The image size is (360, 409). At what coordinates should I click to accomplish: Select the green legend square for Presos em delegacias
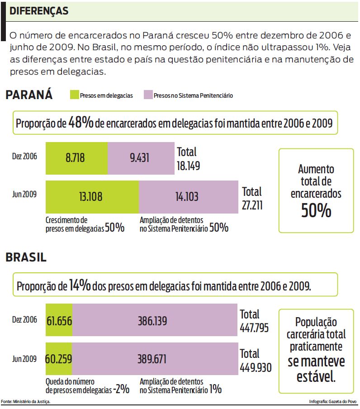pyautogui.click(x=74, y=95)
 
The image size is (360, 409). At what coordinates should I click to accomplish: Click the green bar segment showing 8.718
pyautogui.click(x=76, y=158)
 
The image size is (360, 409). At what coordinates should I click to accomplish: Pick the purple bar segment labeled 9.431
pyautogui.click(x=141, y=158)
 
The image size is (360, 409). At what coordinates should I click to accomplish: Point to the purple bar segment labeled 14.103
pyautogui.click(x=188, y=197)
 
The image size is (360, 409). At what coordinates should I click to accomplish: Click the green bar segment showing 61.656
pyautogui.click(x=59, y=321)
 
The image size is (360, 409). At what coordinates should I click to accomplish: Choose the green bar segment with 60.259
pyautogui.click(x=59, y=359)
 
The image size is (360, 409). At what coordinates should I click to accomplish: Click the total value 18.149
pyautogui.click(x=188, y=166)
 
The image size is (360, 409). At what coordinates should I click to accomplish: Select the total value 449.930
pyautogui.click(x=256, y=367)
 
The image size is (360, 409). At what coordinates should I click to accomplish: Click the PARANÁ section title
pyautogui.click(x=29, y=95)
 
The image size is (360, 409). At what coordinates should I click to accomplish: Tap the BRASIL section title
pyautogui.click(x=26, y=257)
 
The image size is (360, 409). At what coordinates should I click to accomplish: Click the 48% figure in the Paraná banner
pyautogui.click(x=81, y=122)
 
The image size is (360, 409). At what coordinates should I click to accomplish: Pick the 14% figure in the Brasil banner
pyautogui.click(x=80, y=285)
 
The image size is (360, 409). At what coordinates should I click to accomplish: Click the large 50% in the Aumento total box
pyautogui.click(x=316, y=211)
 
